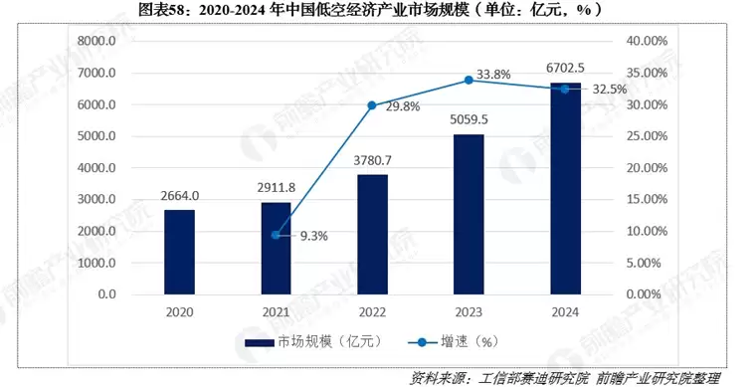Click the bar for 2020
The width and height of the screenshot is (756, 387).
point(180,253)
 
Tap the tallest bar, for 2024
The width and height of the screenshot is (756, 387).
point(564,189)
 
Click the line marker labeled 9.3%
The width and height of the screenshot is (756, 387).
point(276,235)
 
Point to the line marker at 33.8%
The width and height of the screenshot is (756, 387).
point(469,80)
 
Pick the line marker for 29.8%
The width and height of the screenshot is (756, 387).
point(372,105)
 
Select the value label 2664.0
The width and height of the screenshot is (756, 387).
point(180,195)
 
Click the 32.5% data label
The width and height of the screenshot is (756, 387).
point(609,89)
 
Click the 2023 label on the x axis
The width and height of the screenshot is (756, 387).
point(468,313)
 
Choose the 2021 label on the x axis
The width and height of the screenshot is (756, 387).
point(276,313)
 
